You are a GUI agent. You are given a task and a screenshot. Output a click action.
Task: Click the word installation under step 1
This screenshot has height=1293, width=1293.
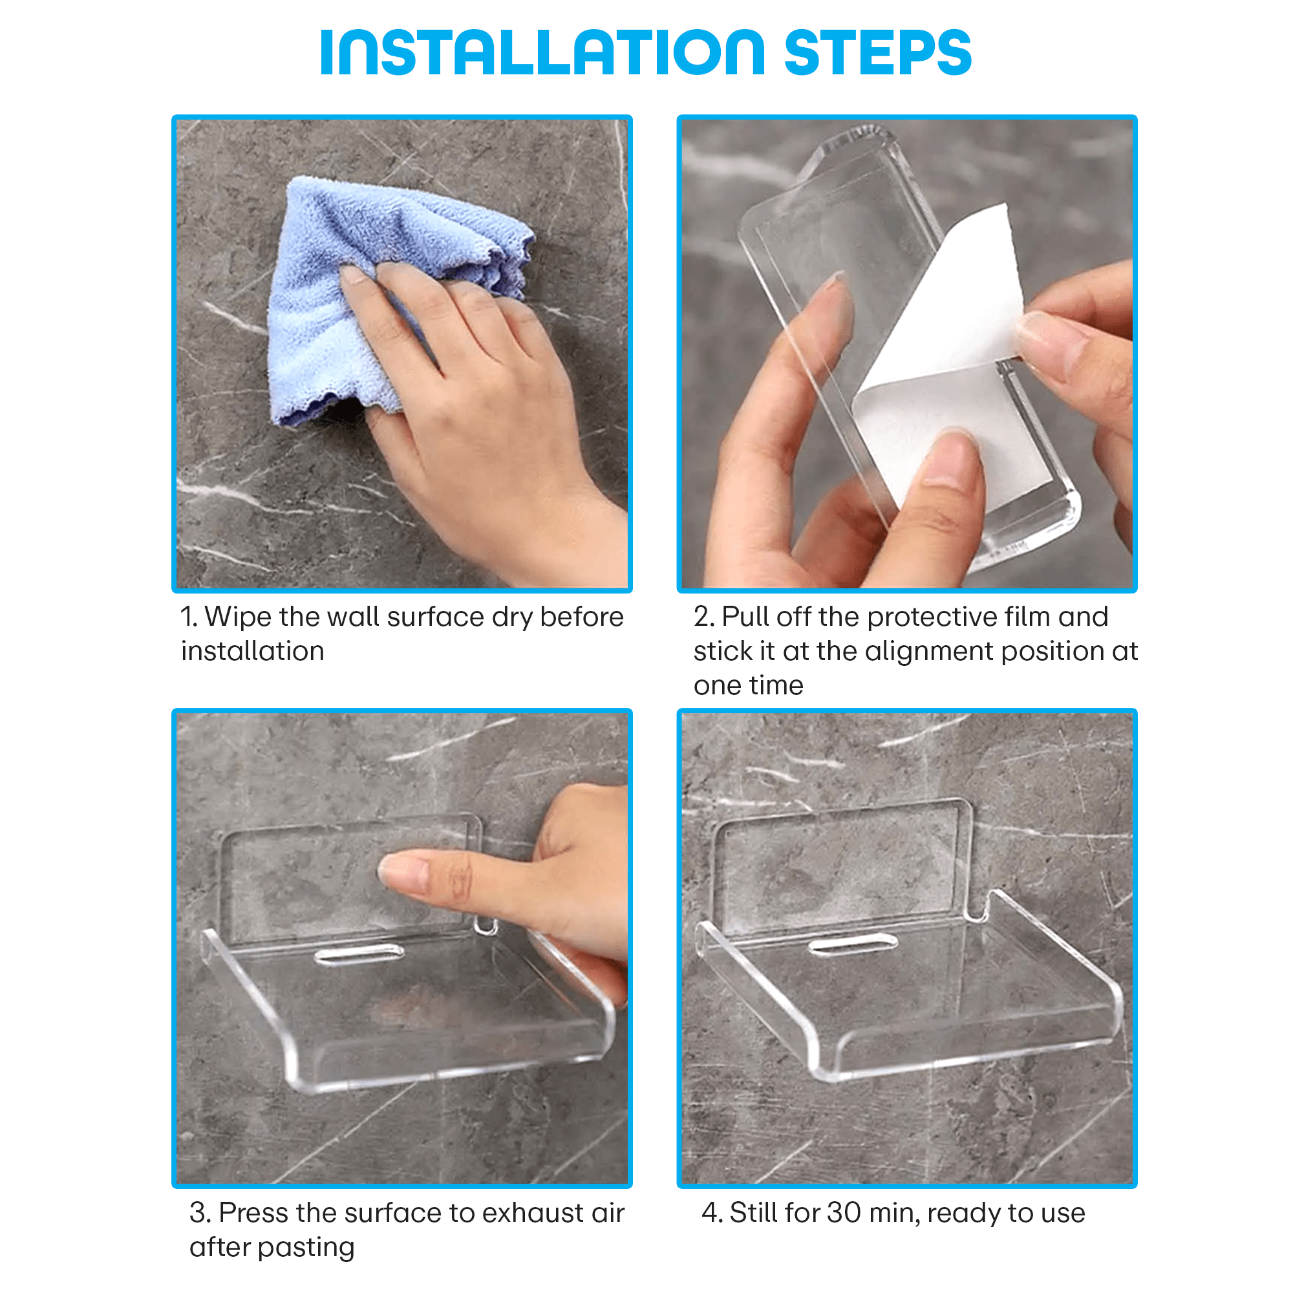[x=252, y=650]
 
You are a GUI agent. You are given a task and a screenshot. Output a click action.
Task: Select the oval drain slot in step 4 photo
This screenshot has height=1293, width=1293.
[x=853, y=945]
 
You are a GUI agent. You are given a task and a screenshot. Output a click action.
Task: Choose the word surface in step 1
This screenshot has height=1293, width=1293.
[x=435, y=616]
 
